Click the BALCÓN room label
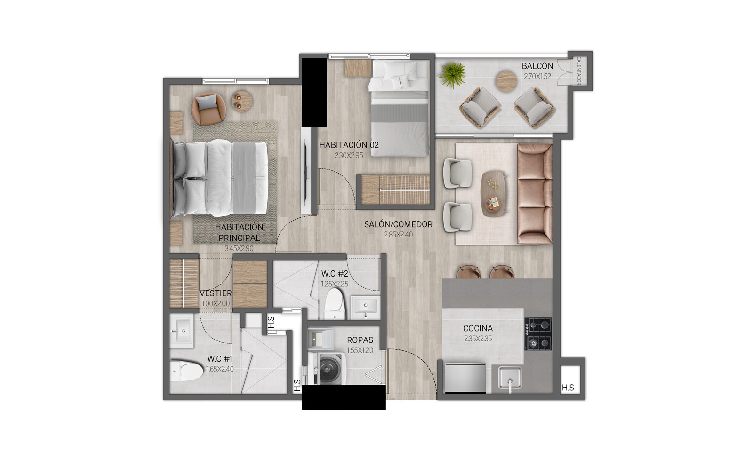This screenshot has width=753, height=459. (x=537, y=66)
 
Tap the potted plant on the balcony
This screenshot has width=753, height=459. (x=452, y=75)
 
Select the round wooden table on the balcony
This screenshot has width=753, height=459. (x=506, y=81)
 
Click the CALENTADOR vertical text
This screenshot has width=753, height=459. (x=579, y=71)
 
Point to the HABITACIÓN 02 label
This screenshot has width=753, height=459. (x=349, y=145)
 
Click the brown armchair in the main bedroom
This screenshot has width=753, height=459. (x=208, y=109)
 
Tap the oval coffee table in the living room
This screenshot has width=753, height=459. (x=494, y=194)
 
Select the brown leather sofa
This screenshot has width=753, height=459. (x=535, y=194)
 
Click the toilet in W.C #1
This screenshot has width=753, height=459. (x=186, y=372)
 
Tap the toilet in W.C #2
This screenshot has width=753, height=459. (x=335, y=304)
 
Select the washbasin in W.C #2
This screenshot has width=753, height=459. (x=365, y=307)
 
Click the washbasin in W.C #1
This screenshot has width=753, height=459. (x=181, y=331)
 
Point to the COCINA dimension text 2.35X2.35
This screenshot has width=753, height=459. (x=478, y=339)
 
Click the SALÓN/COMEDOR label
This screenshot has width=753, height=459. (x=398, y=224)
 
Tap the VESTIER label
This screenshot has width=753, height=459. (x=216, y=293)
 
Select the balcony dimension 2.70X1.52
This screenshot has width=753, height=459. (x=537, y=76)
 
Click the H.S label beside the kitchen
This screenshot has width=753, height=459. (x=568, y=388)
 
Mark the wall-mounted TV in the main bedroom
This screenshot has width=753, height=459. (x=306, y=172)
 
